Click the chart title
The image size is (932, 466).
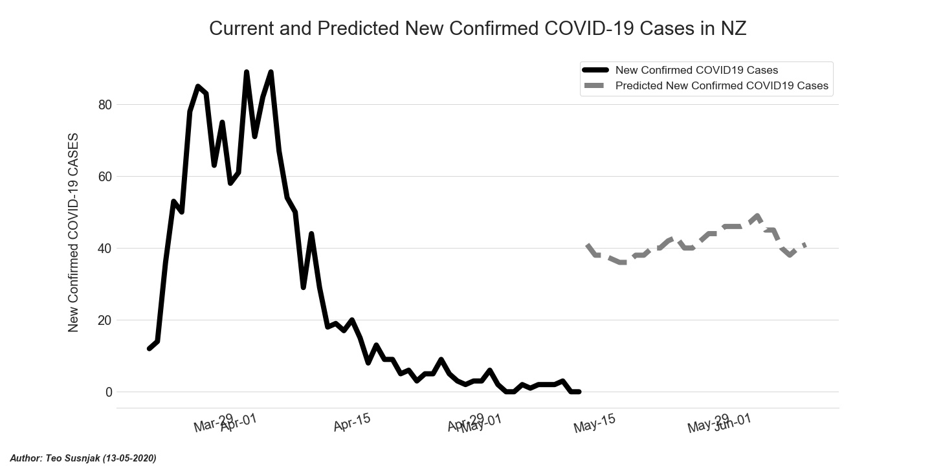pyautogui.click(x=478, y=29)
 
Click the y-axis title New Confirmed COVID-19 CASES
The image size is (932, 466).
pyautogui.click(x=73, y=233)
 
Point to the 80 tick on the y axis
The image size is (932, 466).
pyautogui.click(x=105, y=105)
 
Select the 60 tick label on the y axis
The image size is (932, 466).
pyautogui.click(x=105, y=177)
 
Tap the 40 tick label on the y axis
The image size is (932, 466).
pyautogui.click(x=105, y=249)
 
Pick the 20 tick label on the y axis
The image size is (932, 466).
pyautogui.click(x=105, y=320)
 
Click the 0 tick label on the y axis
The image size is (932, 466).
pyautogui.click(x=108, y=392)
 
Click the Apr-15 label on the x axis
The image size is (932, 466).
pyautogui.click(x=352, y=423)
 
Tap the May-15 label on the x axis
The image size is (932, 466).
pyautogui.click(x=594, y=423)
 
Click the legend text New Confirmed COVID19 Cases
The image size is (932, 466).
pyautogui.click(x=696, y=70)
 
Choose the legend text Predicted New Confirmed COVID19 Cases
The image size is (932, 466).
pyautogui.click(x=722, y=85)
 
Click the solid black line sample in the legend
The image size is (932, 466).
pyautogui.click(x=595, y=70)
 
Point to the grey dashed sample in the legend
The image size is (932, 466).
pyautogui.click(x=595, y=85)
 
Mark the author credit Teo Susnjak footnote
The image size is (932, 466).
pyautogui.click(x=83, y=458)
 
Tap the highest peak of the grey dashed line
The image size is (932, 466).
pyautogui.click(x=757, y=216)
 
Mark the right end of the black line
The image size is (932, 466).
pyautogui.click(x=579, y=392)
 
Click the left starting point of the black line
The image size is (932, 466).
pyautogui.click(x=150, y=349)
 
